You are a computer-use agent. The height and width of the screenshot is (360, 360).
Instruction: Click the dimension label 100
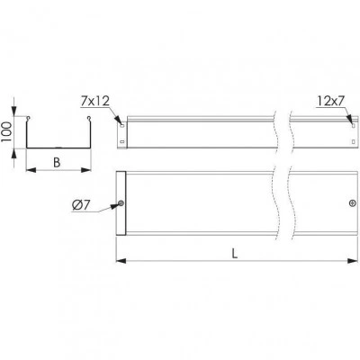point(5,132)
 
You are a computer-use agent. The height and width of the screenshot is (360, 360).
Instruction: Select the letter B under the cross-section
point(57,163)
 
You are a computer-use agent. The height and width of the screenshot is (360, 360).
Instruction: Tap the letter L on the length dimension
point(235,254)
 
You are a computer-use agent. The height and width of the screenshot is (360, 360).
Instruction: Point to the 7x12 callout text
point(94,102)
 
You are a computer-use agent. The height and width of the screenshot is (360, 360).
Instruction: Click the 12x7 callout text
point(330,102)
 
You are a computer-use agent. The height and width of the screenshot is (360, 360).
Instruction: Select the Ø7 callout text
point(81,205)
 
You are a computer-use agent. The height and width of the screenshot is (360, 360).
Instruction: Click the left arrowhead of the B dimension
point(31,170)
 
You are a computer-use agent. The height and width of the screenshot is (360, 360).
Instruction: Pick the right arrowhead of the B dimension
point(86,170)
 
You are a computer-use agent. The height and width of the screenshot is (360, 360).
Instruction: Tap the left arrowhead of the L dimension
point(121,261)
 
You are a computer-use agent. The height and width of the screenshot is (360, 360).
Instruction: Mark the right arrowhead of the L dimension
point(353,261)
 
